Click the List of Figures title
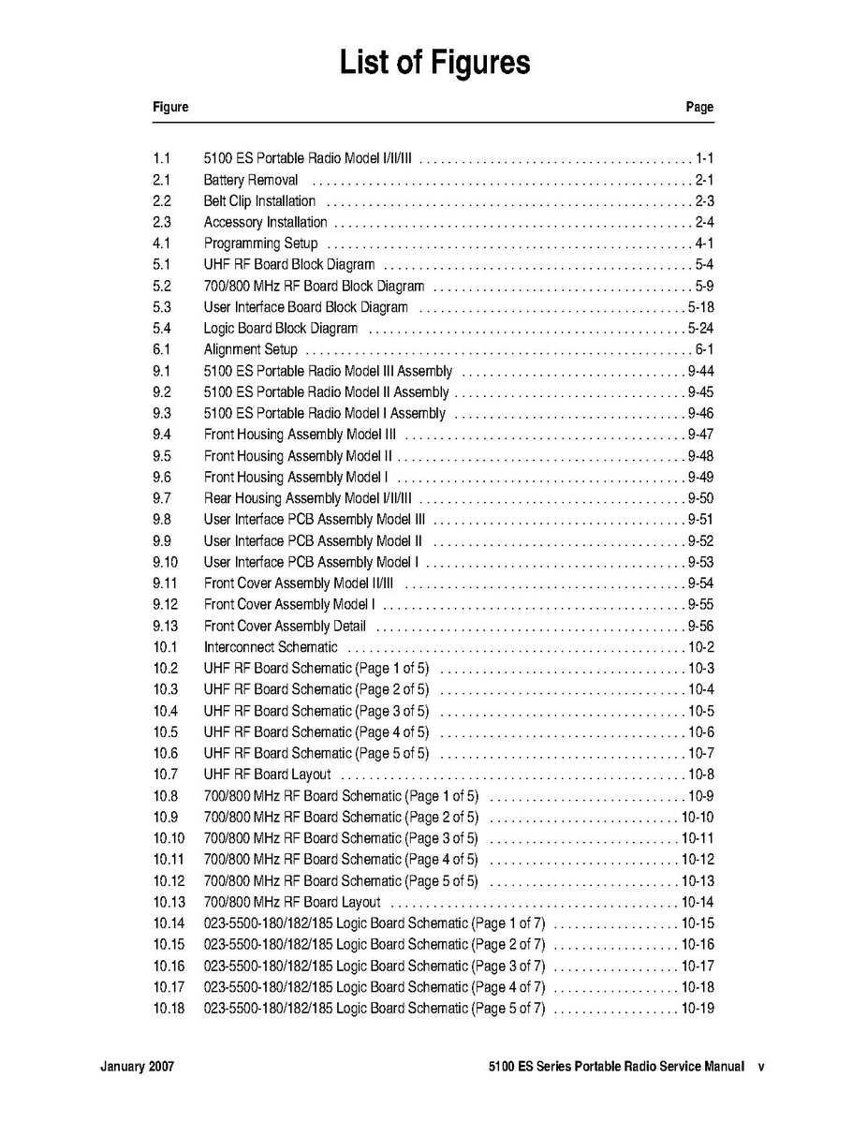[x=434, y=64]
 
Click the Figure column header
[x=170, y=107]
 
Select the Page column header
[x=699, y=107]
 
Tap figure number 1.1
[x=161, y=158]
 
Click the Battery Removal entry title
[x=251, y=180]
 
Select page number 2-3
[x=704, y=201]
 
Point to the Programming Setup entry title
[x=260, y=244]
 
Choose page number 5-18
[x=700, y=307]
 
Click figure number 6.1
[x=161, y=349]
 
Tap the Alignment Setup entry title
[x=250, y=349]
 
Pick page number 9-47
[x=700, y=435]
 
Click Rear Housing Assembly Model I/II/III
[x=307, y=498]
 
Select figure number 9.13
[x=165, y=626]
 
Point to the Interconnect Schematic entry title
[x=271, y=647]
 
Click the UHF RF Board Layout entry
[x=267, y=775]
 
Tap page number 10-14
[x=698, y=902]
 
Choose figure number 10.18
[x=169, y=1009]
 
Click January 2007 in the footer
[x=137, y=1067]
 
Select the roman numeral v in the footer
[x=761, y=1067]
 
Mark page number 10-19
[x=698, y=1009]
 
